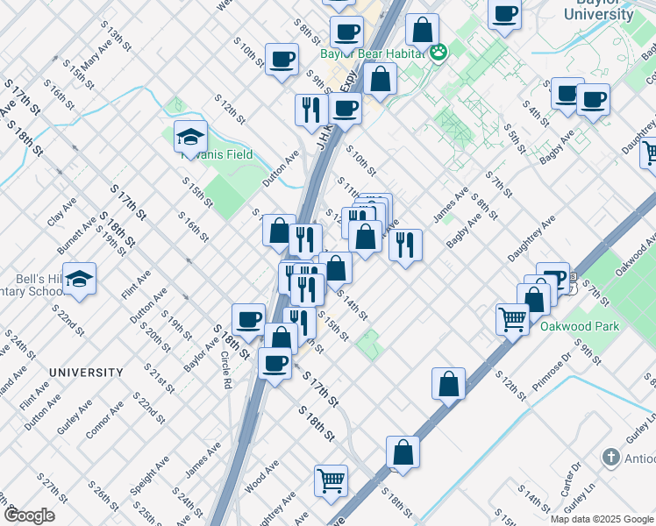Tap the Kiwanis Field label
click(217, 154)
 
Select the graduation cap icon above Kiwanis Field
click(190, 137)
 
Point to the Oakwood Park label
click(579, 326)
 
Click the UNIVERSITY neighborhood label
click(86, 373)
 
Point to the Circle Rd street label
click(226, 370)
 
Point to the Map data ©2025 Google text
click(602, 519)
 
